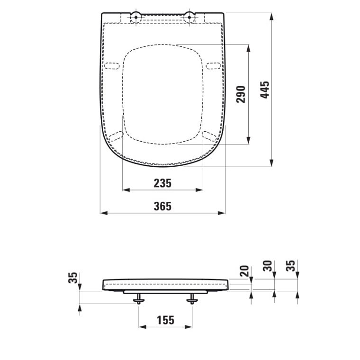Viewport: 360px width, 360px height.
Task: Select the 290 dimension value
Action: coord(241,94)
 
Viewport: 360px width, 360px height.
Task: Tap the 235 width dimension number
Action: coord(162,183)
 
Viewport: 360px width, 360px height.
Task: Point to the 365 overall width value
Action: coord(162,206)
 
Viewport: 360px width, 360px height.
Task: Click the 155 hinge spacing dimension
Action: coord(165,320)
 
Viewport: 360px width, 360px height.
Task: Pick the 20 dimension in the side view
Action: coord(244,270)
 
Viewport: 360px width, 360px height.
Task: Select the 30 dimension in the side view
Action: coord(269,266)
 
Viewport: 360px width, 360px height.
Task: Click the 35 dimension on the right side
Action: coord(291,266)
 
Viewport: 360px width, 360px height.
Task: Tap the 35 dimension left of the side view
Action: coord(73,278)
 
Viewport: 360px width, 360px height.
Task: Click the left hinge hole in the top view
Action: coord(135,18)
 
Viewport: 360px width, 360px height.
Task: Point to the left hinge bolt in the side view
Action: coord(138,299)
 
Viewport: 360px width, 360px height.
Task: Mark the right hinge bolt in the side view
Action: coord(192,299)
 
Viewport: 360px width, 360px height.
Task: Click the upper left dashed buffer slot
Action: coord(112,65)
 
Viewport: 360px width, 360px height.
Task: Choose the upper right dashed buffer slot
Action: coord(213,65)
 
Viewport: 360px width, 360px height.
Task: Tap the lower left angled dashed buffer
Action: coord(116,137)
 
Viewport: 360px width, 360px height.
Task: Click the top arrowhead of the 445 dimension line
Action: coord(271,16)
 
